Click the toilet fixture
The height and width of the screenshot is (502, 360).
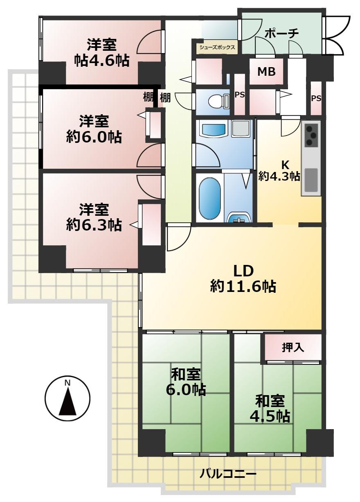click(218, 102)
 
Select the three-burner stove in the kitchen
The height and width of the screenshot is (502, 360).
click(311, 136)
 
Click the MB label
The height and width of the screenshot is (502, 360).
click(266, 72)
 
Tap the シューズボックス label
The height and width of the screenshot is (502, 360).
click(217, 47)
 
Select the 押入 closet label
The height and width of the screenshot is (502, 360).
click(293, 347)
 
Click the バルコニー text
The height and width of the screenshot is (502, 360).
click(228, 459)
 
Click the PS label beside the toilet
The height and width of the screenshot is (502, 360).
click(239, 95)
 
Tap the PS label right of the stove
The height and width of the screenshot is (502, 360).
click(316, 98)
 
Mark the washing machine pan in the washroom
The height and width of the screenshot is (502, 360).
click(241, 129)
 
